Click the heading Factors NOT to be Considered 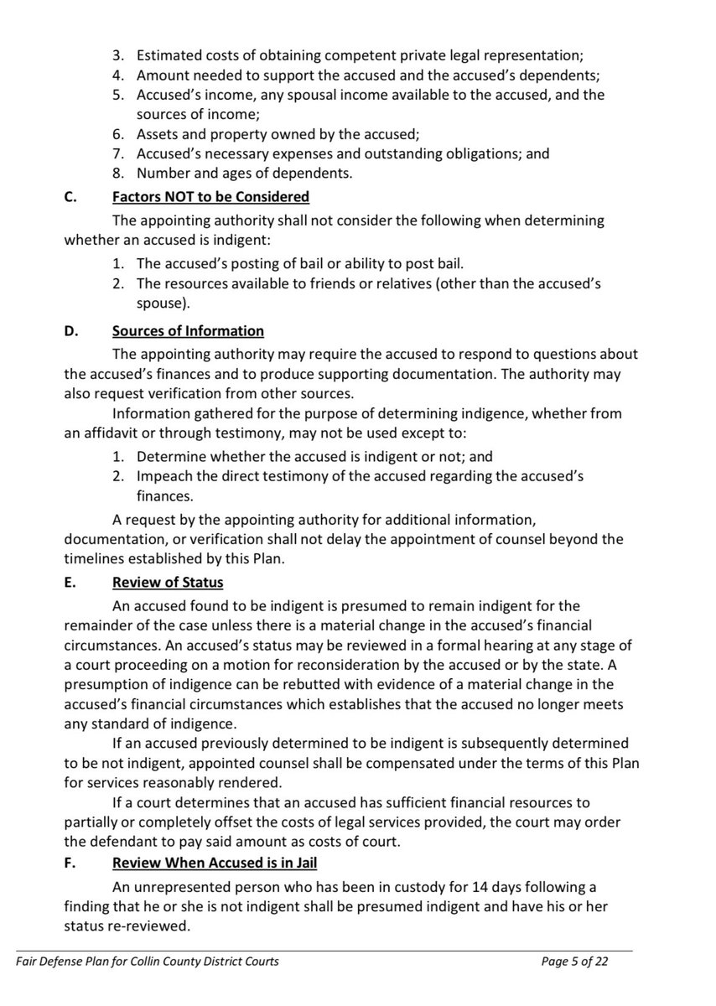click(210, 197)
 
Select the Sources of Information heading click(188, 330)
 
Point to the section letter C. click(70, 197)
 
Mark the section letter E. click(70, 583)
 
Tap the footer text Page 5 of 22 click(574, 962)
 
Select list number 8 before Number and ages click(119, 174)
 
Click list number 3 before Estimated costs click(119, 56)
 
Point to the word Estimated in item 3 click(169, 56)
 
